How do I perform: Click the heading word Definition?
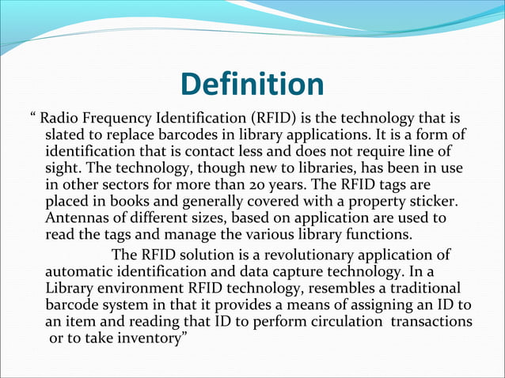252,85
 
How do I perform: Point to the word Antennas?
77,218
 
